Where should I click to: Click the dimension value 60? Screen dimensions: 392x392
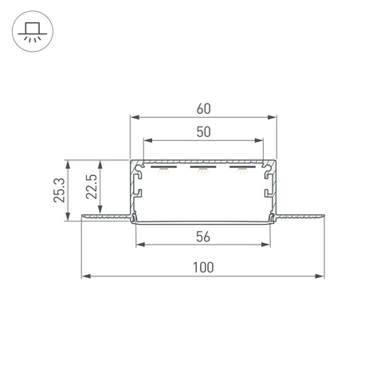coord(204,109)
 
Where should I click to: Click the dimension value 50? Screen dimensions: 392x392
coord(204,132)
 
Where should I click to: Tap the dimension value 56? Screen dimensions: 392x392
coord(203,237)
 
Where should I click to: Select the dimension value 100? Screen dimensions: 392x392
coord(203,268)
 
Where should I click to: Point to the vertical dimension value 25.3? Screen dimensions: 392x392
coord(59,190)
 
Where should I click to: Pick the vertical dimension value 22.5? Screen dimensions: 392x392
coord(92,186)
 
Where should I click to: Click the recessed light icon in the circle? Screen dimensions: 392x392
coord(33,32)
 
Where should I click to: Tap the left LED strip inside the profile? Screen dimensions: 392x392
coord(163,167)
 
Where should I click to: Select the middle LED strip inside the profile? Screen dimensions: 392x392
coord(203,167)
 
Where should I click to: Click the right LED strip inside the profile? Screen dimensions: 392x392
coord(242,167)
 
